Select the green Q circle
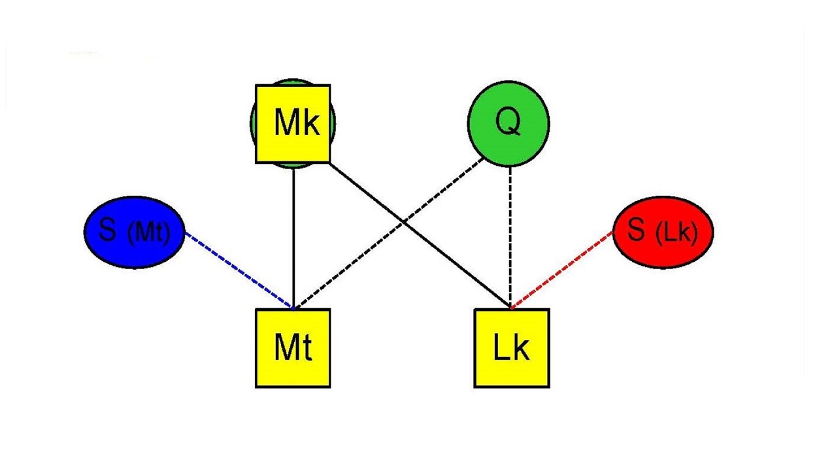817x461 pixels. coord(509,123)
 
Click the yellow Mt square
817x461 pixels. coord(293,349)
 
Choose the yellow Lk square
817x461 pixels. coord(511,349)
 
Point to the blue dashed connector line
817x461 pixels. coord(239,269)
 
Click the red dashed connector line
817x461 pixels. coord(562,269)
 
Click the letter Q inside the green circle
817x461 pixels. coord(509,121)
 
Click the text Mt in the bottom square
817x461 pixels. coord(293,349)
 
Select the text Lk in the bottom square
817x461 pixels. coord(511,349)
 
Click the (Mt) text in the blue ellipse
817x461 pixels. coord(148,233)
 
